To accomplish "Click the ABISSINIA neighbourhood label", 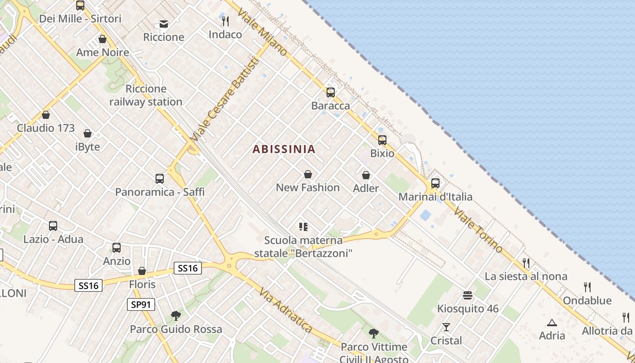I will point(283,149).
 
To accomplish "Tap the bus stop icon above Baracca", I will point(331,93).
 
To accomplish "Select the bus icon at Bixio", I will point(382,140).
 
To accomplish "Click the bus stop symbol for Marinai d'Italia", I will point(435,183).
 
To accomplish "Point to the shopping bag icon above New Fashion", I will point(308,174).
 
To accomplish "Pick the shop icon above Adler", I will point(366,175).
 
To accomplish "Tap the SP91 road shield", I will point(141,304).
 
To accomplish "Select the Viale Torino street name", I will point(479,230).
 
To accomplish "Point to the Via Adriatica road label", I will point(286,310).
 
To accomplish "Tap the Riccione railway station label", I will point(146,95).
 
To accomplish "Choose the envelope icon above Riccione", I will point(164,24).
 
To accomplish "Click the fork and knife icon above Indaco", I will point(225,21).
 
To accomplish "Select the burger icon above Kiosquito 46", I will point(468,295).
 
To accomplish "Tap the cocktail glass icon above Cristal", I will point(446,327).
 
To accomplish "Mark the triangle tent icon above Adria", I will point(552,323).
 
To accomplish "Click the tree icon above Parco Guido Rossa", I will point(176,316).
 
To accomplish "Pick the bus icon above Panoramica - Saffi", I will point(160,179).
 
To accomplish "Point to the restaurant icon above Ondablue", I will point(587,287).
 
